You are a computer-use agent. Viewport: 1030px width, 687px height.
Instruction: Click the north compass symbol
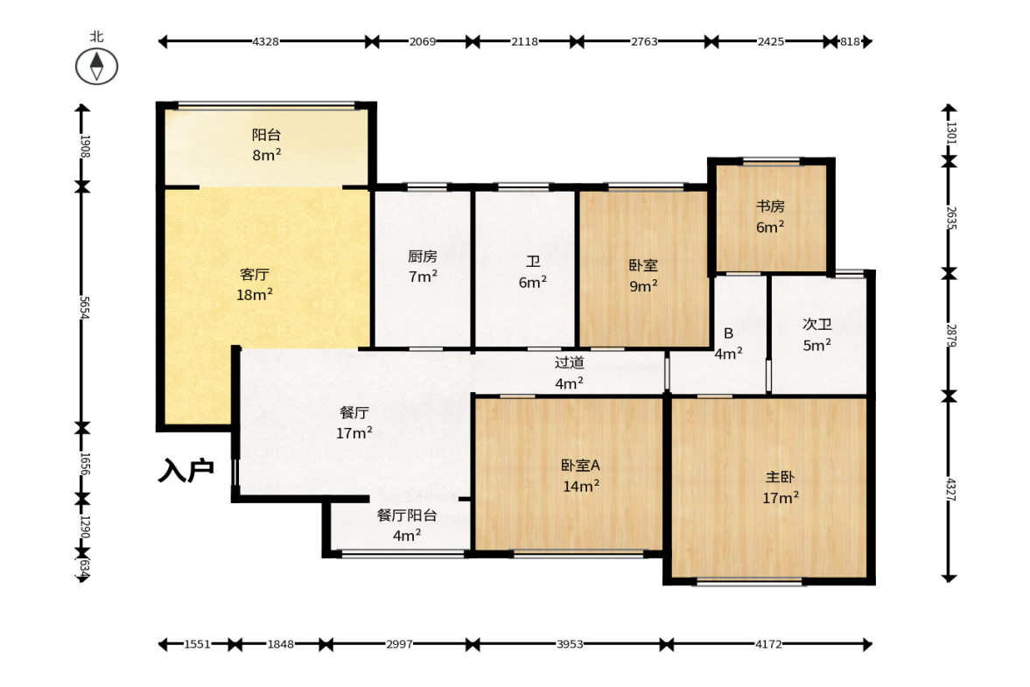pyautogui.click(x=96, y=67)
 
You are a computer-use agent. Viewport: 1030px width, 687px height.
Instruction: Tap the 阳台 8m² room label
pyautogui.click(x=267, y=145)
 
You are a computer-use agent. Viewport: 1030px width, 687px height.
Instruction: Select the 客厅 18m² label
pyautogui.click(x=254, y=284)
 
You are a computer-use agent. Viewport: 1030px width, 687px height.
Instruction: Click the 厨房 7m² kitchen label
pyautogui.click(x=423, y=267)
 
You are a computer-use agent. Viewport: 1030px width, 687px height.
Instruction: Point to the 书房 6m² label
pyautogui.click(x=770, y=217)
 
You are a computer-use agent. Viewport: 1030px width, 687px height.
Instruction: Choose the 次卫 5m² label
pyautogui.click(x=817, y=335)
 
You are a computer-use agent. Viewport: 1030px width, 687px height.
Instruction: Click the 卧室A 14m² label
pyautogui.click(x=581, y=475)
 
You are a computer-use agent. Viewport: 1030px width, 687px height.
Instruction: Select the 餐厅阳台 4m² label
pyautogui.click(x=407, y=525)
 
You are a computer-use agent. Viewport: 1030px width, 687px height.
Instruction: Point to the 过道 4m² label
pyautogui.click(x=569, y=373)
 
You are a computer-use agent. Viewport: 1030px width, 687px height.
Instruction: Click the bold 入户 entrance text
pyautogui.click(x=186, y=471)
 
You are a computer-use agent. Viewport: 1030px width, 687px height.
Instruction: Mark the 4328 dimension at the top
pyautogui.click(x=265, y=42)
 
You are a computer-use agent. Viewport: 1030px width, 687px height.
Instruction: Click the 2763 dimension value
pyautogui.click(x=644, y=42)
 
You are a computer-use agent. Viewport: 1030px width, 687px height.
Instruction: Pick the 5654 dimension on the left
pyautogui.click(x=84, y=307)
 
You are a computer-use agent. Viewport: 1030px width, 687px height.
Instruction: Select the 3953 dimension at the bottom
pyautogui.click(x=570, y=644)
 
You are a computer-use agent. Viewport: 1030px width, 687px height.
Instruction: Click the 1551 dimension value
pyautogui.click(x=197, y=644)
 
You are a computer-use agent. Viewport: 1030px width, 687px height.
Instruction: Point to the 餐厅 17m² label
pyautogui.click(x=354, y=423)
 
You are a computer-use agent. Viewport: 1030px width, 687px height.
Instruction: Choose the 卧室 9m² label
pyautogui.click(x=643, y=276)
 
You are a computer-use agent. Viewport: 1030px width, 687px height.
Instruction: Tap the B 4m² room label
pyautogui.click(x=728, y=343)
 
